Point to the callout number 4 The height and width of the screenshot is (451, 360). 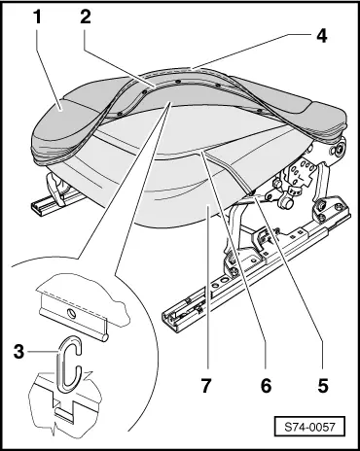tap(319, 40)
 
